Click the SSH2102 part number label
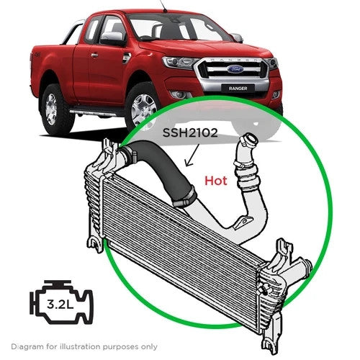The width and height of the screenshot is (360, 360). pyautogui.click(x=190, y=132)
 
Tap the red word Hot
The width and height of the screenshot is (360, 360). pyautogui.click(x=216, y=181)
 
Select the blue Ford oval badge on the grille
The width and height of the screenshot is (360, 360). pyautogui.click(x=235, y=69)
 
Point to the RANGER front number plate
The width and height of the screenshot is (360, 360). pyautogui.click(x=238, y=89)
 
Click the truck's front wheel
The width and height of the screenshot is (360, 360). pyautogui.click(x=142, y=108)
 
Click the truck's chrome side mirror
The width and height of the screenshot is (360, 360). pyautogui.click(x=112, y=37)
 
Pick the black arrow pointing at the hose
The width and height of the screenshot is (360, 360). pyautogui.click(x=193, y=156)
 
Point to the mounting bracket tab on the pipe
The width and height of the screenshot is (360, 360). pyautogui.click(x=243, y=222)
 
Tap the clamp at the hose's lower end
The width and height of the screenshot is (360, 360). pyautogui.click(x=185, y=197)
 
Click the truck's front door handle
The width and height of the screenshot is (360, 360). pyautogui.click(x=94, y=55)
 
